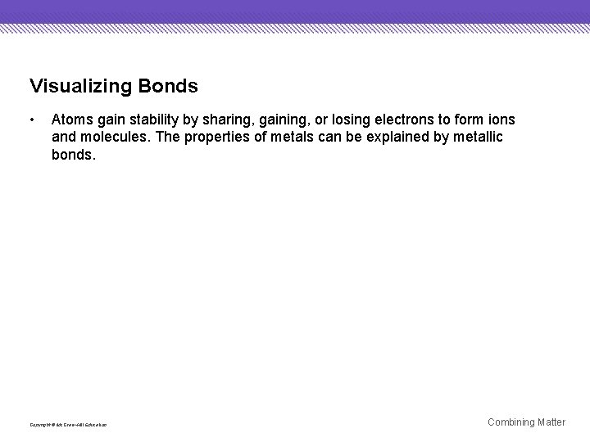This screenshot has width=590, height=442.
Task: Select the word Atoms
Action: pos(71,120)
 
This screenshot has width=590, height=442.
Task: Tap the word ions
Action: pos(501,120)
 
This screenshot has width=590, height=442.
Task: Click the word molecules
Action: pos(115,137)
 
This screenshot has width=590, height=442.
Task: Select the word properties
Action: pos(211,137)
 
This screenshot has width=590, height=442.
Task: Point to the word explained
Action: pos(388,137)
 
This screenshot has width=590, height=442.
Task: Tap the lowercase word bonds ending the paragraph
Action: pos(74,153)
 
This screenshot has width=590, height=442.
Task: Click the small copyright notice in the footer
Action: pos(67,424)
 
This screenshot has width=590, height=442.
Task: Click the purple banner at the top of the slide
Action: pos(295,11)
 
